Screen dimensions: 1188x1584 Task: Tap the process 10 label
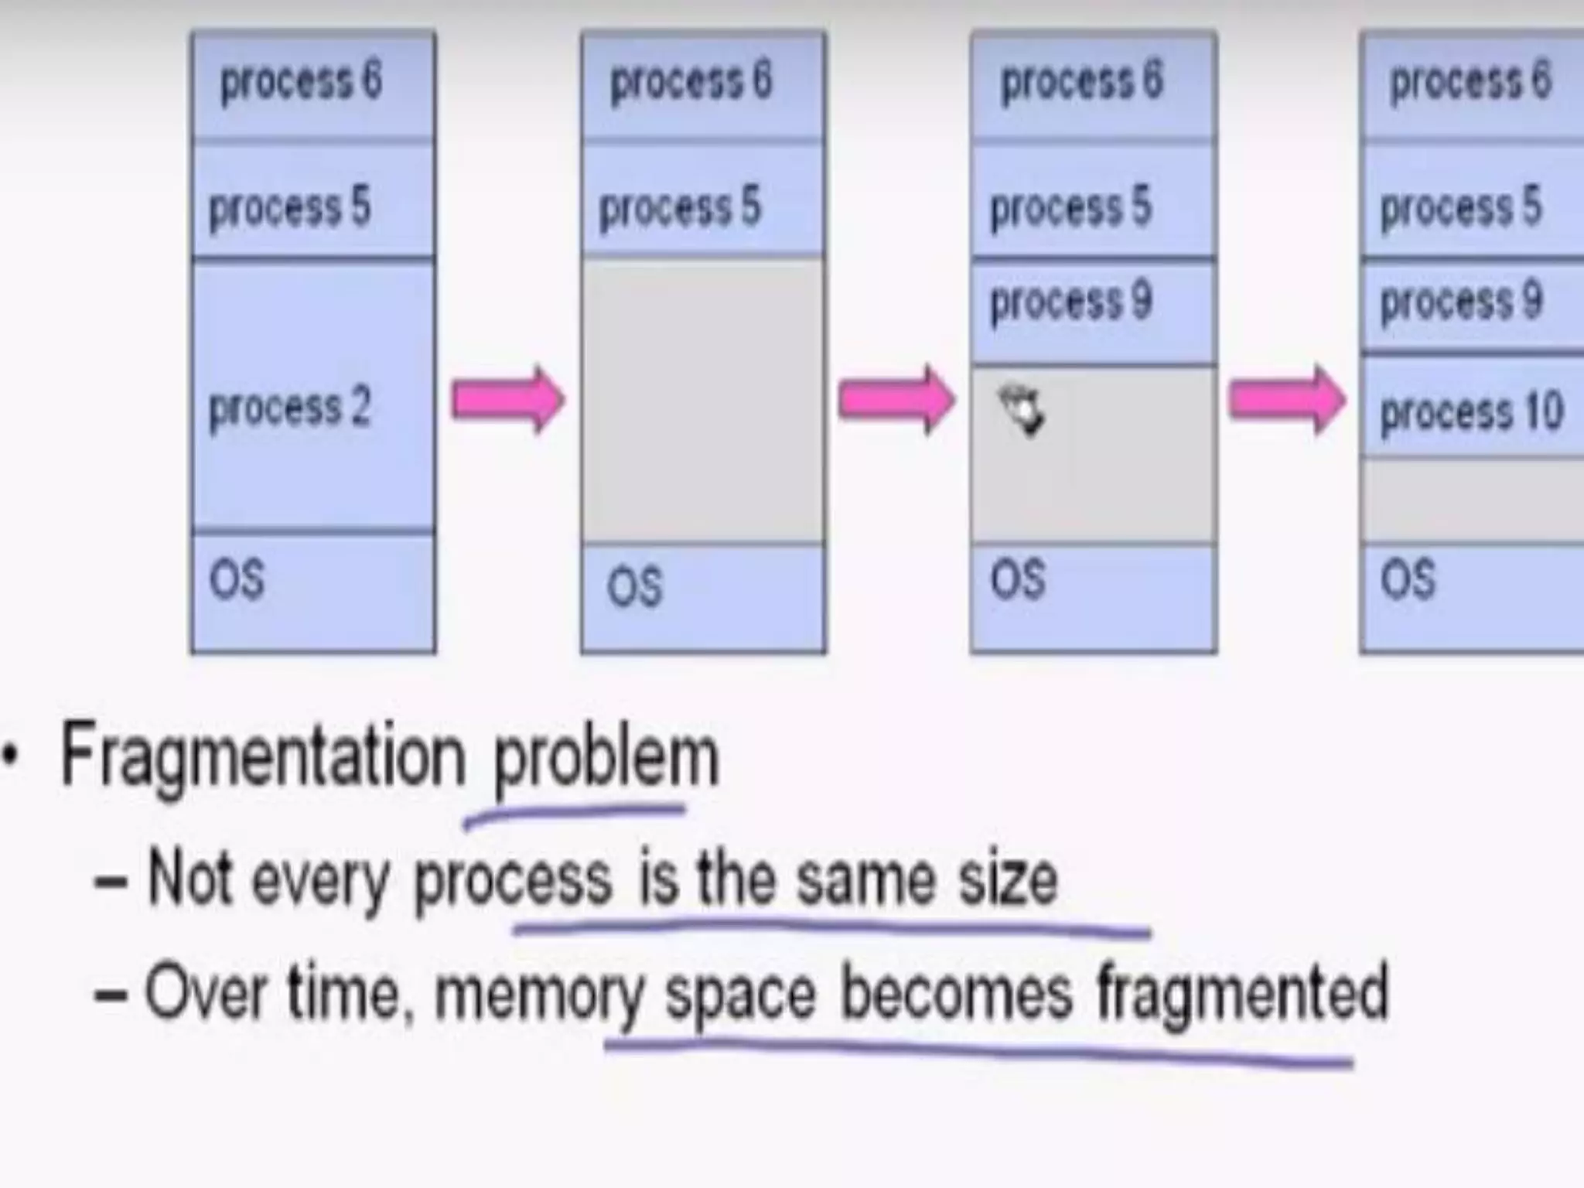pyautogui.click(x=1472, y=411)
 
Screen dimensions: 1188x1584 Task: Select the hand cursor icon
pyautogui.click(x=1022, y=412)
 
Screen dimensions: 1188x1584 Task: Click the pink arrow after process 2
pyautogui.click(x=508, y=401)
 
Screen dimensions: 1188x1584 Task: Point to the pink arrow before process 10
pyautogui.click(x=1287, y=401)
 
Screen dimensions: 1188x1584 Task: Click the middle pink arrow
pyautogui.click(x=897, y=401)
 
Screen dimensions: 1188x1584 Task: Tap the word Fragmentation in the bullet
pyautogui.click(x=263, y=756)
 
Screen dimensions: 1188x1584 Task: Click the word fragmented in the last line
pyautogui.click(x=1242, y=995)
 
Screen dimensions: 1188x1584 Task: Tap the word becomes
pyautogui.click(x=956, y=993)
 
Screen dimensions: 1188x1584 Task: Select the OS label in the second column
pyautogui.click(x=634, y=586)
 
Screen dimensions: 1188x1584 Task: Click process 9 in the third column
pyautogui.click(x=1070, y=302)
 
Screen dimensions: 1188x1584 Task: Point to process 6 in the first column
pyautogui.click(x=301, y=81)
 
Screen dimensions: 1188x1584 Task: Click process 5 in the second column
pyautogui.click(x=680, y=207)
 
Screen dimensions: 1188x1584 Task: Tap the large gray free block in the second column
pyautogui.click(x=702, y=401)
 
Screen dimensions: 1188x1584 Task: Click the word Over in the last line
pyautogui.click(x=207, y=993)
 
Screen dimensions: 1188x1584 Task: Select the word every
pyautogui.click(x=320, y=882)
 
